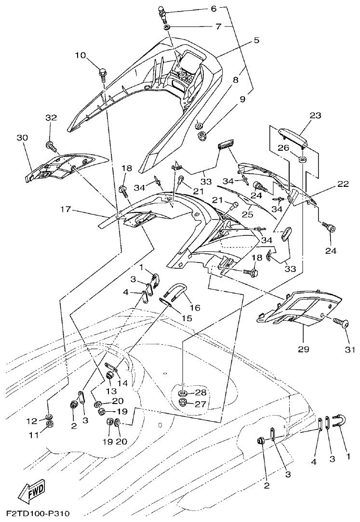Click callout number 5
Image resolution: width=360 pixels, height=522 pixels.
[256, 40]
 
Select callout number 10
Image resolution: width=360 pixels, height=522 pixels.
[80, 55]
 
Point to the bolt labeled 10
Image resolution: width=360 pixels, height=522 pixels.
[103, 74]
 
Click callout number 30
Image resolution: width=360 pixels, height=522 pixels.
[22, 138]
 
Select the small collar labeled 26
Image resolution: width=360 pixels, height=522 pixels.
[302, 159]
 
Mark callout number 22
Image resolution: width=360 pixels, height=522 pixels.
[343, 184]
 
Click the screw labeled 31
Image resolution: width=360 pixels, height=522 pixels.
[345, 324]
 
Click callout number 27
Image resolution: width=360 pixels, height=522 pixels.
[200, 404]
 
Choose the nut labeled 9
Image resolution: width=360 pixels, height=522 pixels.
[201, 135]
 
